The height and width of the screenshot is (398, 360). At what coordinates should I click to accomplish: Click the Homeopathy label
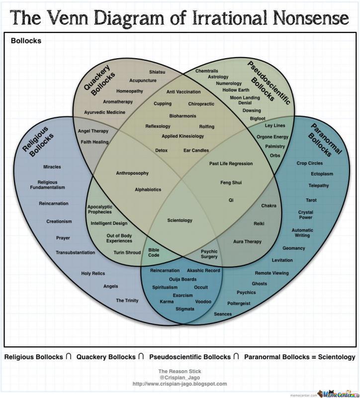130,91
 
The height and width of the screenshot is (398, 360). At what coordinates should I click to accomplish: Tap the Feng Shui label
231,183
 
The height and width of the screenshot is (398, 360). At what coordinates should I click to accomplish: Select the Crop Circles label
309,163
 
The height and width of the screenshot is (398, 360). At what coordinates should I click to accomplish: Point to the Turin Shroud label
127,252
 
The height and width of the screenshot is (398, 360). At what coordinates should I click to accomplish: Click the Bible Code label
154,252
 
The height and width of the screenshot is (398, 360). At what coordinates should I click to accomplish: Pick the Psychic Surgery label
209,254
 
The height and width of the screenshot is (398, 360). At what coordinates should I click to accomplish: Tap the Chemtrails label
207,71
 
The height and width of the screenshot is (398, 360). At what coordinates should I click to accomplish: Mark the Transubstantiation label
75,253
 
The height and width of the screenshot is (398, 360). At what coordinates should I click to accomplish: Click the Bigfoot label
258,118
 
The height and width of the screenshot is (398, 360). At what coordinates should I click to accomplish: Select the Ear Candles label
196,150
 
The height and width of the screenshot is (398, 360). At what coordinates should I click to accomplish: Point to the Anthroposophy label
132,173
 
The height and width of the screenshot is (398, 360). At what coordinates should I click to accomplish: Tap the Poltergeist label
239,303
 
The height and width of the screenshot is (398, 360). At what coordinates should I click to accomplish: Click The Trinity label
127,300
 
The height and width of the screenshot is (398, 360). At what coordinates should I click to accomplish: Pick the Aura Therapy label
247,241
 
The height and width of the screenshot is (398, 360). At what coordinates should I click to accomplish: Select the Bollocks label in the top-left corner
26,41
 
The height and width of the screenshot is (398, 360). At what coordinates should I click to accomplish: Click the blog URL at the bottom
180,384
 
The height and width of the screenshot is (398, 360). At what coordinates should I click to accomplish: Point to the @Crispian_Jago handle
180,378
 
